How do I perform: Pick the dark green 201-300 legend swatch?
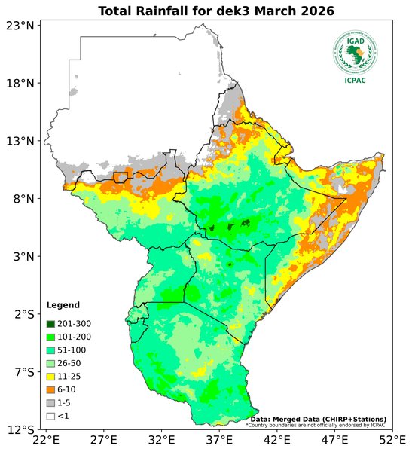50,323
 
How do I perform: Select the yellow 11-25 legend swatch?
50,376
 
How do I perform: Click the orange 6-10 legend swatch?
50,389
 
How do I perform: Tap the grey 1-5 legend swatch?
50,403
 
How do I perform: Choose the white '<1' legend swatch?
50,416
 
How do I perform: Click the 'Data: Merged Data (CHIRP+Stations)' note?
318,419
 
